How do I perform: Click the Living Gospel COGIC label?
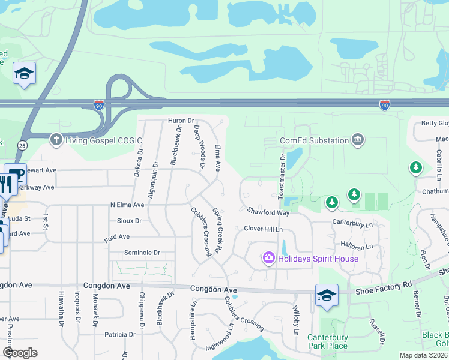pyautogui.click(x=104, y=141)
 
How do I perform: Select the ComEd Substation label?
pyautogui.click(x=315, y=141)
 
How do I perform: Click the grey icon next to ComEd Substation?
pyautogui.click(x=358, y=140)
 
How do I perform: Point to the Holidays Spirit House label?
pyautogui.click(x=318, y=259)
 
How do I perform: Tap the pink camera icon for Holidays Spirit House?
pyautogui.click(x=268, y=258)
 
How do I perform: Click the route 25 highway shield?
pyautogui.click(x=22, y=146)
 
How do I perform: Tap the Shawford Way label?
pyautogui.click(x=268, y=211)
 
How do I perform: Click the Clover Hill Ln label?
pyautogui.click(x=263, y=229)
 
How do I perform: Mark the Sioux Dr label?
pyautogui.click(x=129, y=221)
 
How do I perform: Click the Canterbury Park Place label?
pyautogui.click(x=328, y=341)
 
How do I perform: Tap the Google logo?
pyautogui.click(x=20, y=353)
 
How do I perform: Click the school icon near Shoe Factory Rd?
pyautogui.click(x=327, y=295)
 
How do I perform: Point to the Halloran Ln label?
pyautogui.click(x=357, y=246)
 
